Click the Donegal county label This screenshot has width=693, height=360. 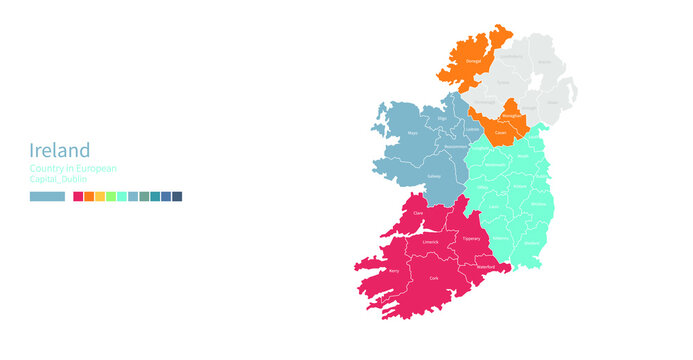point(473,61)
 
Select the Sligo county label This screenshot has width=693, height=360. point(442,118)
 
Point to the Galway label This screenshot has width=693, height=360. point(434,175)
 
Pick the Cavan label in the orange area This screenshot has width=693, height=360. point(499,131)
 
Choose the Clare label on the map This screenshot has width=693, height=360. point(418,213)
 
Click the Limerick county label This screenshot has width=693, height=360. point(430,241)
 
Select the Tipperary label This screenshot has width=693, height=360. point(472,238)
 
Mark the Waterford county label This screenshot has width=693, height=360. point(486,267)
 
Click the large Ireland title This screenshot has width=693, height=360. point(60,150)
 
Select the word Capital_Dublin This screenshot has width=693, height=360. point(58,179)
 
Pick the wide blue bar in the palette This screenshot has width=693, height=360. point(47,197)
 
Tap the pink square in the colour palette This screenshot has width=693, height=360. point(79,197)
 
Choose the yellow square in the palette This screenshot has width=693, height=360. point(100,197)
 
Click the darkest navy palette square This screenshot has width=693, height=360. point(177,197)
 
